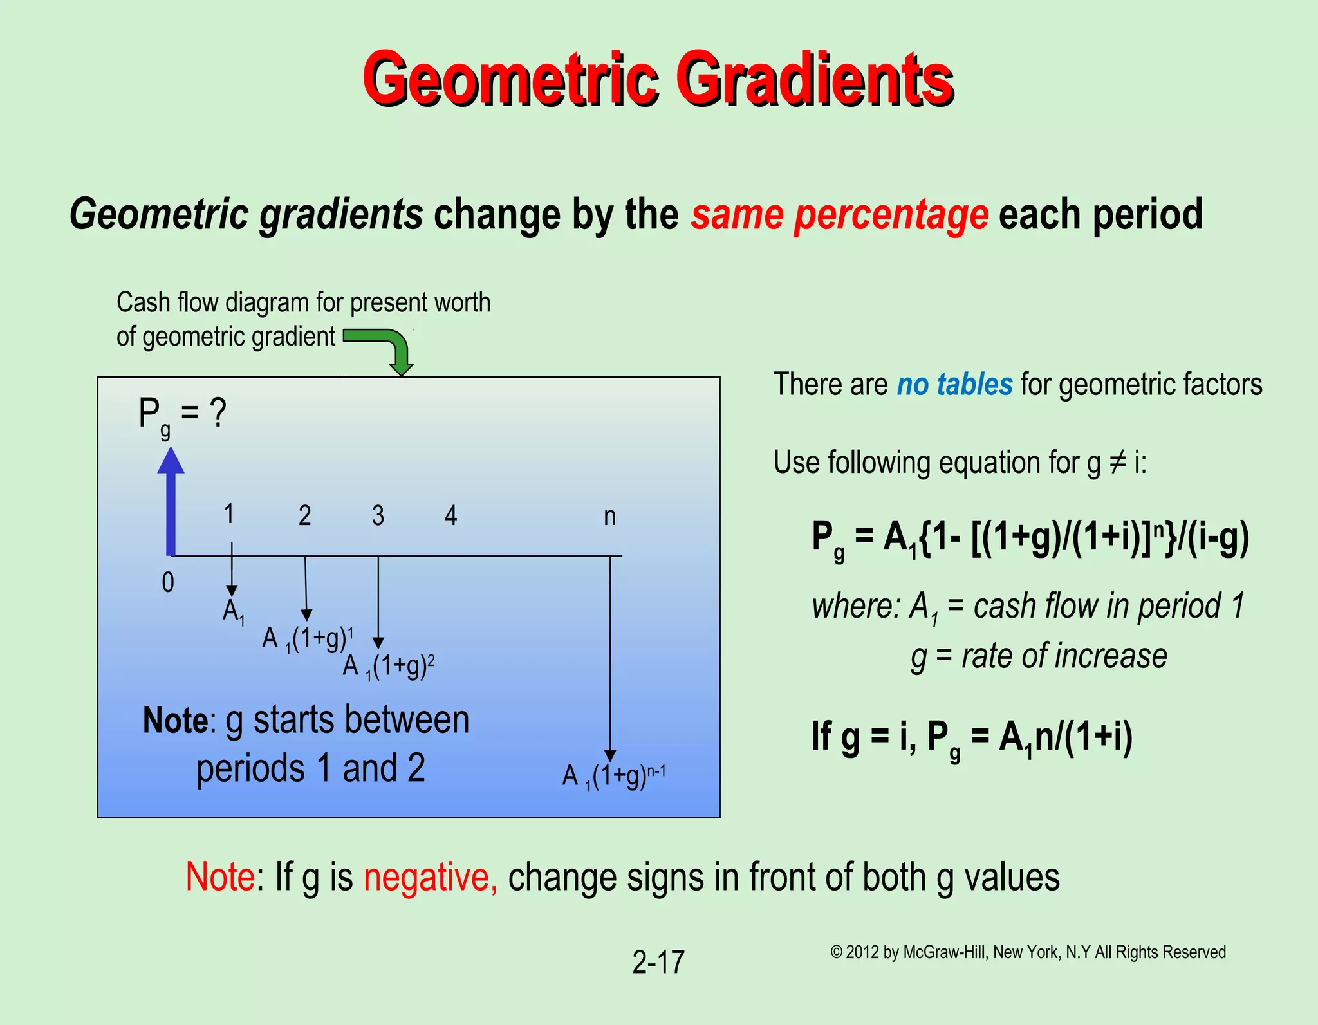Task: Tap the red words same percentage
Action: click(x=839, y=214)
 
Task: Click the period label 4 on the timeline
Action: click(x=451, y=516)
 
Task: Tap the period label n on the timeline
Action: click(x=609, y=517)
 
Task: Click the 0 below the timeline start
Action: click(x=168, y=583)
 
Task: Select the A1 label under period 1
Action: click(x=233, y=611)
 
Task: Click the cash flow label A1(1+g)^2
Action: click(x=389, y=667)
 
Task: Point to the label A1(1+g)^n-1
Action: click(x=613, y=776)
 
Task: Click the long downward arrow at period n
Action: click(x=610, y=656)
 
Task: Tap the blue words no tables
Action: click(x=954, y=385)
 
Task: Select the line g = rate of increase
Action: click(x=1039, y=657)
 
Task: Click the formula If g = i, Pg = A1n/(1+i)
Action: click(x=972, y=737)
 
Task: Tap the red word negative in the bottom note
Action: click(x=430, y=877)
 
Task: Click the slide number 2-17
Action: click(x=658, y=963)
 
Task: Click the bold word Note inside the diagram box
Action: click(x=175, y=721)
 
